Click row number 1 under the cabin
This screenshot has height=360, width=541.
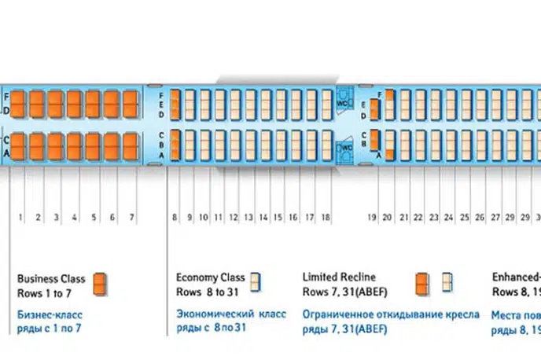point(20,217)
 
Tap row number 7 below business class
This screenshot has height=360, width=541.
point(131,217)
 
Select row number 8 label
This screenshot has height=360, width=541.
point(175,217)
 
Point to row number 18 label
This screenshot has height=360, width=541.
point(326,217)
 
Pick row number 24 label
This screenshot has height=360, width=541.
point(448,217)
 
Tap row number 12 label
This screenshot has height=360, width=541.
point(234,217)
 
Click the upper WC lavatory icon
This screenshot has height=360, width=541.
point(343,104)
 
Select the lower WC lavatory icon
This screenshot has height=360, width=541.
point(344,148)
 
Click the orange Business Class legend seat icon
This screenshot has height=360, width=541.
point(99,285)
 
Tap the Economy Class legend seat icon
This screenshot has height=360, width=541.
point(256,282)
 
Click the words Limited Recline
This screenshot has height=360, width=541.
point(339,277)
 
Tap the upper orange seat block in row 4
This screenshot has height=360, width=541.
point(75,105)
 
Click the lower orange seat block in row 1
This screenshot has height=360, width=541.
point(20,147)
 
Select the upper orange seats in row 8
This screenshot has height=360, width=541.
point(175,105)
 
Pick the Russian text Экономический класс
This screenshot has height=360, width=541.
point(231,313)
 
